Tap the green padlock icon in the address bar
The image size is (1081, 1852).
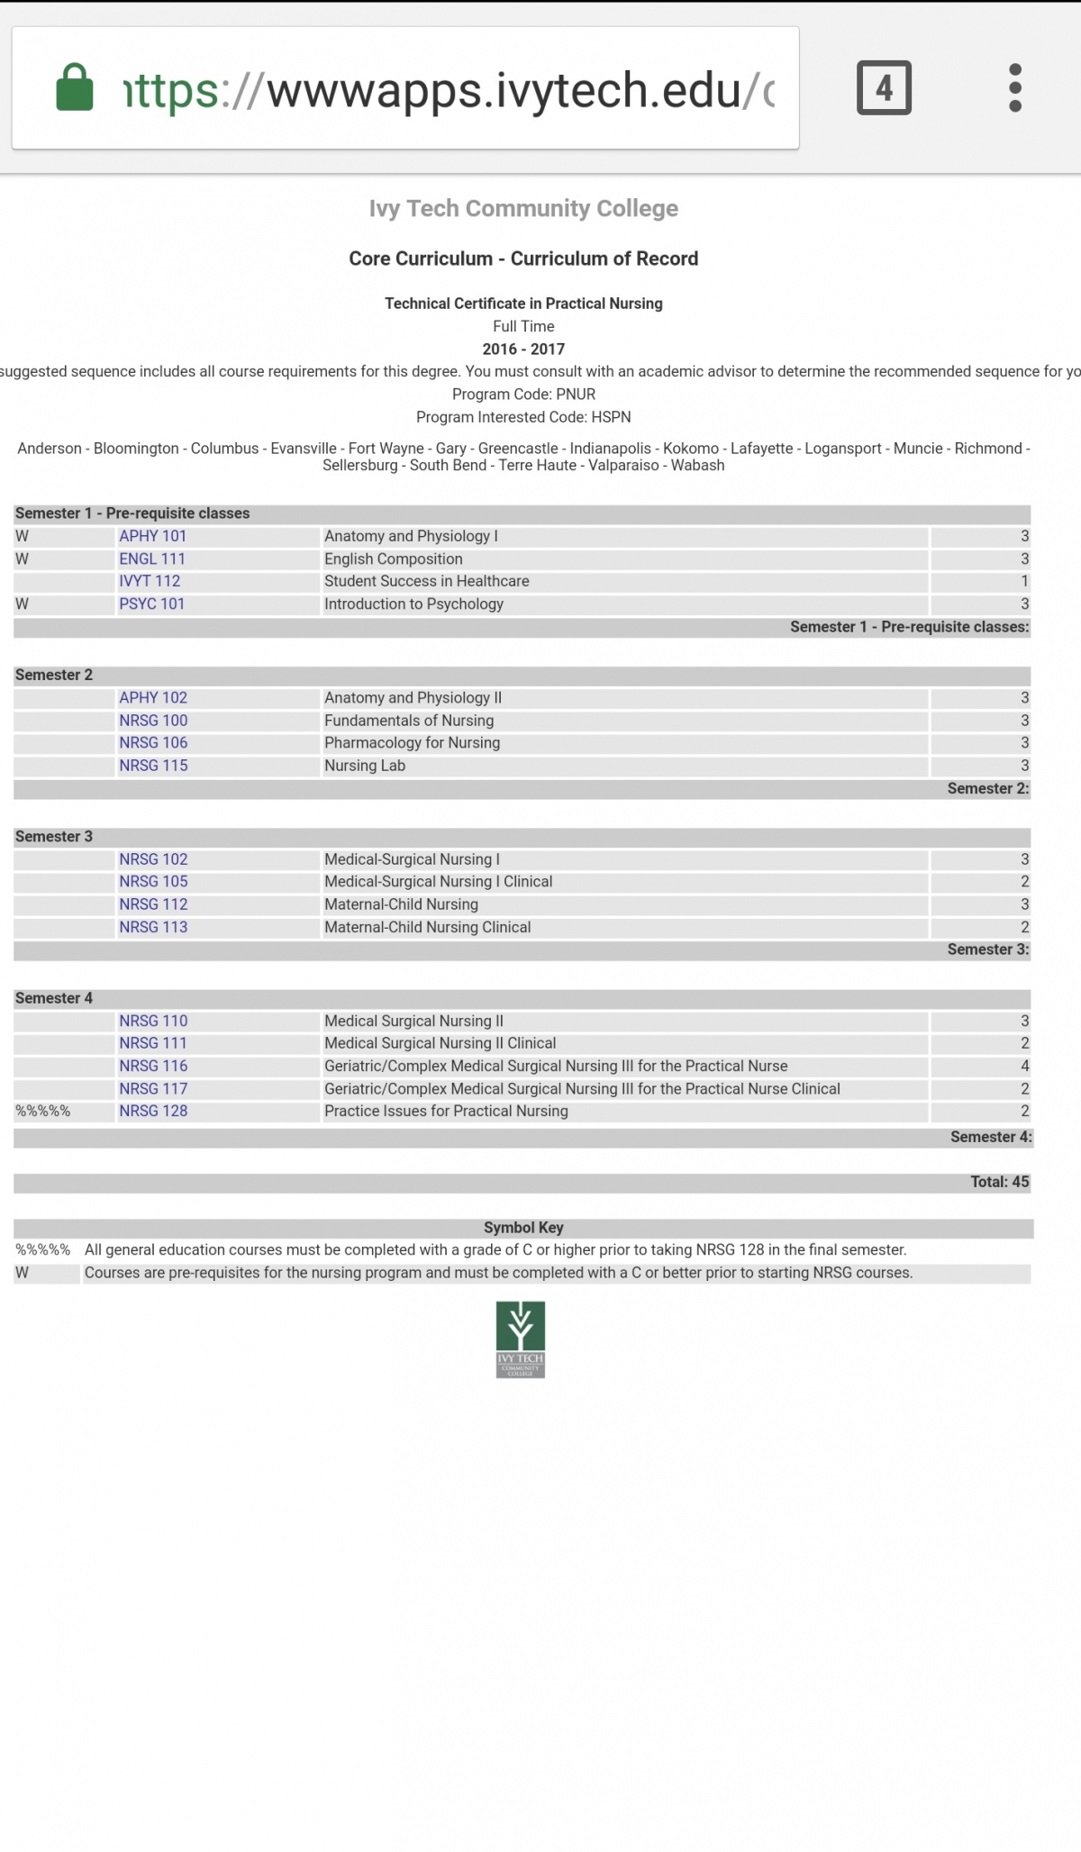pyautogui.click(x=75, y=87)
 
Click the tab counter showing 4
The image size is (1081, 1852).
pyautogui.click(x=884, y=88)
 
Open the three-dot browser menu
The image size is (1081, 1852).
pyautogui.click(x=1015, y=88)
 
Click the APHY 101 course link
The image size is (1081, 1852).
pyautogui.click(x=152, y=536)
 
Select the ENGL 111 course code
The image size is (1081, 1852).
pyautogui.click(x=152, y=558)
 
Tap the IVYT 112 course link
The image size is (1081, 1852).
pyautogui.click(x=150, y=581)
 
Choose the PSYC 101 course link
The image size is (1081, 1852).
pyautogui.click(x=151, y=604)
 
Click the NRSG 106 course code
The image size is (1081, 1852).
pyautogui.click(x=153, y=742)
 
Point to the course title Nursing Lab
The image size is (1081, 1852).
pyautogui.click(x=365, y=766)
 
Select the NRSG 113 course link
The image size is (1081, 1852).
pyautogui.click(x=153, y=927)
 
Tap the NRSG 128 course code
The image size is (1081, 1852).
pyautogui.click(x=153, y=1111)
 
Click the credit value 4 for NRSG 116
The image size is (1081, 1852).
pyautogui.click(x=1024, y=1066)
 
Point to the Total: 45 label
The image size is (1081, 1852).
pyautogui.click(x=999, y=1182)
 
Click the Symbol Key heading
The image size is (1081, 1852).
pyautogui.click(x=523, y=1227)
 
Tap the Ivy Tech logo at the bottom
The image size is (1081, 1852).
pyautogui.click(x=521, y=1339)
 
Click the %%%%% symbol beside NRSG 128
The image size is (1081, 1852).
pyautogui.click(x=42, y=1112)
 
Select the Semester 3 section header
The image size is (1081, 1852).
pyautogui.click(x=54, y=836)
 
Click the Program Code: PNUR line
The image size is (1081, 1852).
pyautogui.click(x=523, y=394)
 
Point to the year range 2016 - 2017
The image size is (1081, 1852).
pyautogui.click(x=523, y=349)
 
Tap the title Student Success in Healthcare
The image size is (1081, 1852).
pyautogui.click(x=426, y=581)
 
